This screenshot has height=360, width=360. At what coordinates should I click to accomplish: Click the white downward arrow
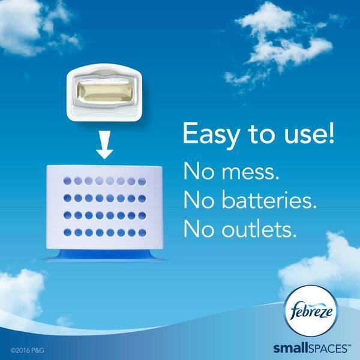pyautogui.click(x=104, y=145)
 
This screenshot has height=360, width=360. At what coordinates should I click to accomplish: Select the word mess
pyautogui.click(x=250, y=172)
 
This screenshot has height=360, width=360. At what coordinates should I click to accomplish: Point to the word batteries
pyautogui.click(x=269, y=200)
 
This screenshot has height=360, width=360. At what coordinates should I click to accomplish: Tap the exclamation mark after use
pyautogui.click(x=331, y=133)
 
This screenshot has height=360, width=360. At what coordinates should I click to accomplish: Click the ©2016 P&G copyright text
pyautogui.click(x=27, y=350)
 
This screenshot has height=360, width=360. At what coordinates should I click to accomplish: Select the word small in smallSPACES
pyautogui.click(x=290, y=348)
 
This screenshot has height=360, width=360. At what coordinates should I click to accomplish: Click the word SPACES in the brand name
pyautogui.click(x=328, y=348)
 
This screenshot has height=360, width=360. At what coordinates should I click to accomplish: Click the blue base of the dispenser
pyautogui.click(x=105, y=255)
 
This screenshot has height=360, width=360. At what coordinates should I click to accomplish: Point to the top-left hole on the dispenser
pyautogui.click(x=67, y=181)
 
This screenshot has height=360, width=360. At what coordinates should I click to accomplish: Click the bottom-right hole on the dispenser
pyautogui.click(x=142, y=233)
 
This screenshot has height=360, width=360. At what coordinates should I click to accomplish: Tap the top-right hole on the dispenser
pyautogui.click(x=142, y=181)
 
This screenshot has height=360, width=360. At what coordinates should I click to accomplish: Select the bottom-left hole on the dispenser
pyautogui.click(x=67, y=232)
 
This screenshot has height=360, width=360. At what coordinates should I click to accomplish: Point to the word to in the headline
pyautogui.click(x=261, y=134)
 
